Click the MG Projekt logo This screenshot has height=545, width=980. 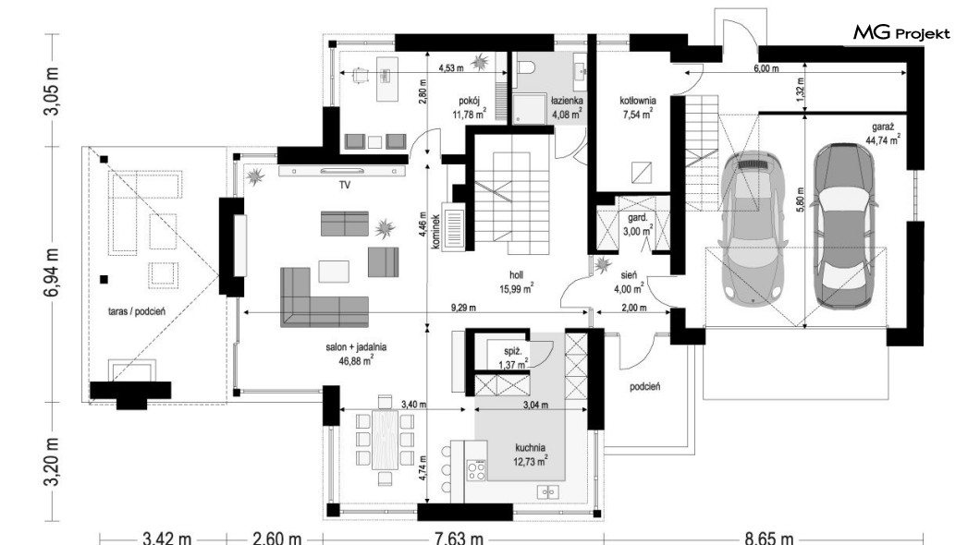pyautogui.click(x=901, y=32)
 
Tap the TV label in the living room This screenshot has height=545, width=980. pyautogui.click(x=344, y=186)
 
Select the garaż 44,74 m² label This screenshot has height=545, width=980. pyautogui.click(x=883, y=134)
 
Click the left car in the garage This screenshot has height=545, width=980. pyautogui.click(x=751, y=228)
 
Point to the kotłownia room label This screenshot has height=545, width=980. pyautogui.click(x=638, y=101)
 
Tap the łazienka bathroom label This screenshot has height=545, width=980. pyautogui.click(x=567, y=100)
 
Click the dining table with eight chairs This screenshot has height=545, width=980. pyautogui.click(x=385, y=441)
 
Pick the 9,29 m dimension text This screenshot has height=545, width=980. pyautogui.click(x=463, y=308)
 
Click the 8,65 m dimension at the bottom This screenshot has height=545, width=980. pyautogui.click(x=769, y=538)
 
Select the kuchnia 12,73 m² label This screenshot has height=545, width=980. pyautogui.click(x=530, y=454)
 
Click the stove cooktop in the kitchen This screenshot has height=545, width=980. pyautogui.click(x=476, y=470)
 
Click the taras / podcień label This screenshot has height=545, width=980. pyautogui.click(x=137, y=311)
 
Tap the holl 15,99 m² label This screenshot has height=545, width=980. pyautogui.click(x=516, y=282)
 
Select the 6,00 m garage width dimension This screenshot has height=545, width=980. pyautogui.click(x=766, y=68)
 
